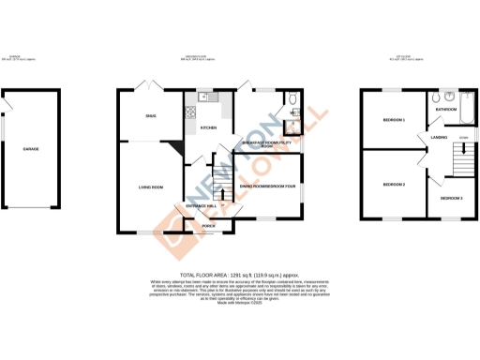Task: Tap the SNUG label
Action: [x=151, y=115]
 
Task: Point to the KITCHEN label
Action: [x=209, y=127]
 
